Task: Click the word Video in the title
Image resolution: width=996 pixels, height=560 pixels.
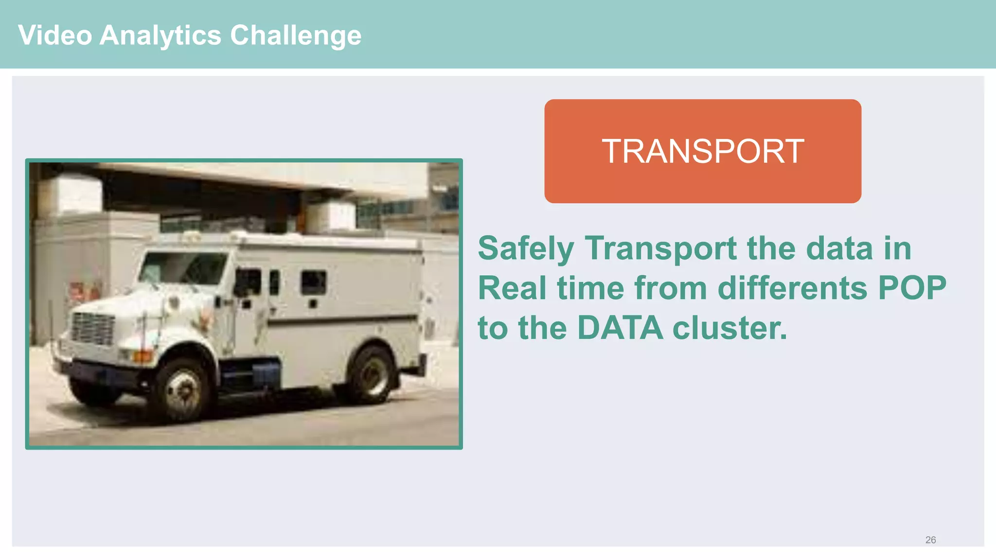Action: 55,35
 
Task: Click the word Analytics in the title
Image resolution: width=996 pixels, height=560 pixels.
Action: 160,35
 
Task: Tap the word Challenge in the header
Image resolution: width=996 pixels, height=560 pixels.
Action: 295,35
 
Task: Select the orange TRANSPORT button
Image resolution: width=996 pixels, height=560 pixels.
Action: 702,151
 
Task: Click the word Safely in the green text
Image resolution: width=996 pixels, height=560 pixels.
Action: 526,248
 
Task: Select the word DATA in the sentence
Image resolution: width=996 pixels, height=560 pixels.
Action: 620,328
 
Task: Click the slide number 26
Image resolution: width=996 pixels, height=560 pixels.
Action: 930,540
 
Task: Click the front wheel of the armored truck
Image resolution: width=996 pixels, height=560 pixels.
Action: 183,389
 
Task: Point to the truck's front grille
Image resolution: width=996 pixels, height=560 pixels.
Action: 92,329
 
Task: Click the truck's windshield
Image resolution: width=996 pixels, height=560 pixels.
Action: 182,268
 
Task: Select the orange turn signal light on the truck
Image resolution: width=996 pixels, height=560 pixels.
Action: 142,356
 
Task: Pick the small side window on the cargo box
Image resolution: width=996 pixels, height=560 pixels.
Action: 313,282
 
